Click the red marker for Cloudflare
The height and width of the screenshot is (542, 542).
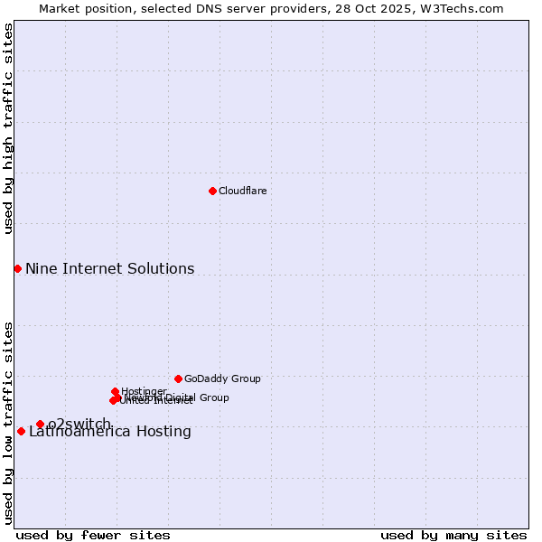click(212, 191)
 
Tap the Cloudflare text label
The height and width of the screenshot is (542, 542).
click(243, 191)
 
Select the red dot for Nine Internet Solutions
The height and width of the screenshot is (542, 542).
click(17, 268)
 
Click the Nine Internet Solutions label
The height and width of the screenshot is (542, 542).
click(109, 268)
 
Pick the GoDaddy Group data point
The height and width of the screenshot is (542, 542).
click(178, 378)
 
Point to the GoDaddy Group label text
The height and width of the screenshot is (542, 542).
click(222, 378)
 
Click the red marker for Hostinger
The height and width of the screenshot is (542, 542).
click(115, 391)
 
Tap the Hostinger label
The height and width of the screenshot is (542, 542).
click(144, 391)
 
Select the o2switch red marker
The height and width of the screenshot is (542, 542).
click(40, 424)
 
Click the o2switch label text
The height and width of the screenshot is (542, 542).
click(79, 424)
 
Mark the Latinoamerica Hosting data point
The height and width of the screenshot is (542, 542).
click(21, 431)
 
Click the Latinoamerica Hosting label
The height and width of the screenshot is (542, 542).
click(109, 432)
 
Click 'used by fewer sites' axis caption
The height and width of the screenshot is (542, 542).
click(93, 535)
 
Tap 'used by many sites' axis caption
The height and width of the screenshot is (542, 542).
click(453, 535)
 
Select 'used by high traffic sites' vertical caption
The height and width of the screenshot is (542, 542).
click(8, 128)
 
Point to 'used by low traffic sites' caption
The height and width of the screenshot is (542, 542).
click(8, 423)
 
